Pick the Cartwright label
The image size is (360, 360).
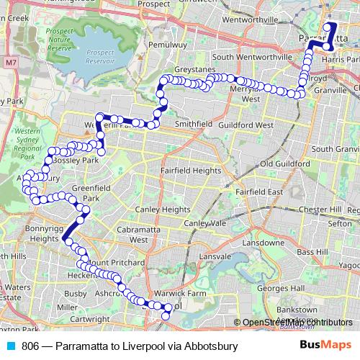90,318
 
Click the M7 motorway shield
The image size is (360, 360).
9,63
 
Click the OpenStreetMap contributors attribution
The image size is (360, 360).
296,323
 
